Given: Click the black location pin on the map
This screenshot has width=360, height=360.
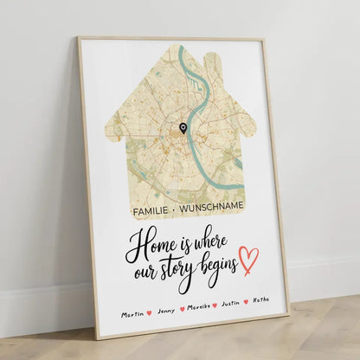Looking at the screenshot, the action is pyautogui.click(x=183, y=129).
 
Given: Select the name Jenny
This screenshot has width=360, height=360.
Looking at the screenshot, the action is pyautogui.click(x=165, y=310).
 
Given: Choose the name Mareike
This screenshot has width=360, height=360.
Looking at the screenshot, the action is pyautogui.click(x=198, y=306).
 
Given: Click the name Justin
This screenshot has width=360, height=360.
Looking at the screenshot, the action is pyautogui.click(x=230, y=304).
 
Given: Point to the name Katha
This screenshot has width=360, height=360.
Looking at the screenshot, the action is pyautogui.click(x=260, y=300).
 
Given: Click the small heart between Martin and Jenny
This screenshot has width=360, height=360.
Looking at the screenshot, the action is pyautogui.click(x=150, y=312).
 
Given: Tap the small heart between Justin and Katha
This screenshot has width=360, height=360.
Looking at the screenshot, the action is pyautogui.click(x=246, y=302).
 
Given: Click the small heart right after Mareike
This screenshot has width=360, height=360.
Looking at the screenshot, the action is pyautogui.click(x=215, y=305).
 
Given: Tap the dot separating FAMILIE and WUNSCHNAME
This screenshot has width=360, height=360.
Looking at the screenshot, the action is pyautogui.click(x=177, y=206).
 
